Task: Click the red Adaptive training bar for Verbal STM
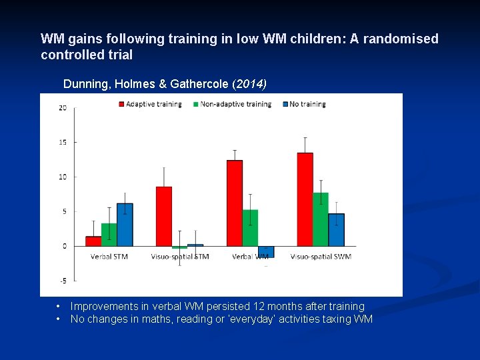click(93, 241)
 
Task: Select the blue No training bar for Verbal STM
click(125, 225)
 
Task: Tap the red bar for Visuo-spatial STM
click(163, 217)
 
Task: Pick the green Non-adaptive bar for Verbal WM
click(250, 228)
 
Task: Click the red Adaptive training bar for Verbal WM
click(235, 203)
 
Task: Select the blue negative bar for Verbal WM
click(265, 251)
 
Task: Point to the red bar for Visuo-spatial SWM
click(305, 199)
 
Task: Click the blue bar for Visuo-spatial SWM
click(337, 229)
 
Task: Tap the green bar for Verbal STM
click(109, 235)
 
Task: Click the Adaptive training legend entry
click(153, 104)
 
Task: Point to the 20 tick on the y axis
click(62, 108)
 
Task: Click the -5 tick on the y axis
click(62, 281)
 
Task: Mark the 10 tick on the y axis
click(62, 177)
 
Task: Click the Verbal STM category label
click(109, 257)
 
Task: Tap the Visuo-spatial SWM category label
click(321, 257)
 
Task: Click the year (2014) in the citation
click(249, 84)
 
